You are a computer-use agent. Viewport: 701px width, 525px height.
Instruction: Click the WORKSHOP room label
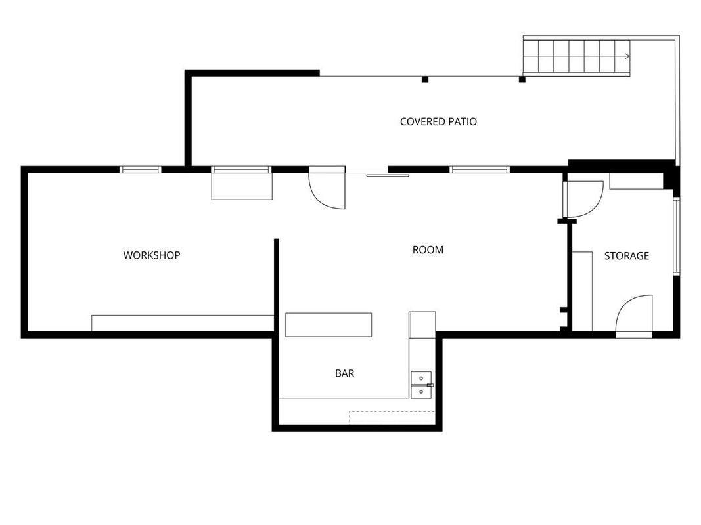click(152, 255)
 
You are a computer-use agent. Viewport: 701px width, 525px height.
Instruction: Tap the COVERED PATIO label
click(438, 121)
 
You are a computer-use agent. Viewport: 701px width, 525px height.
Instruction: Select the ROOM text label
click(428, 249)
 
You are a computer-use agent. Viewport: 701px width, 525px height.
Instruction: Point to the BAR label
click(345, 373)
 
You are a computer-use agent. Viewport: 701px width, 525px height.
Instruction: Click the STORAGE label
click(626, 256)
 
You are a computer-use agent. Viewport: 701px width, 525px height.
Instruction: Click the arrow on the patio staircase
click(627, 56)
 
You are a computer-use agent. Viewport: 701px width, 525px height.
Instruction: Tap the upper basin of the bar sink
click(421, 378)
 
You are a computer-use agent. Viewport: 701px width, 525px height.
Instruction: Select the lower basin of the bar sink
click(421, 392)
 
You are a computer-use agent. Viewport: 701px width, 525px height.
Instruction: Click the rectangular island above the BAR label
click(328, 325)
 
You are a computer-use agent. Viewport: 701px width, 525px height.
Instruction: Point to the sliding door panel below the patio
click(388, 175)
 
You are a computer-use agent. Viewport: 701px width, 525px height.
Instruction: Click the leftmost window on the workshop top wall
click(141, 170)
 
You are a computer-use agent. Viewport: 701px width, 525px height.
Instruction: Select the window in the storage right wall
click(677, 236)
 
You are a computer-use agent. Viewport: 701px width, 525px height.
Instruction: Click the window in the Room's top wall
click(479, 170)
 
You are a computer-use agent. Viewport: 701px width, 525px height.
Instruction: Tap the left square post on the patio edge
click(425, 79)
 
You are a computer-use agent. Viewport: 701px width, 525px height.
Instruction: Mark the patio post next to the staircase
click(522, 79)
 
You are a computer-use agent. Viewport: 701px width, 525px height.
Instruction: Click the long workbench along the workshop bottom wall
click(183, 324)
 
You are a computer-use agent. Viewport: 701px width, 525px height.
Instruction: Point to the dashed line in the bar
click(392, 411)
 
